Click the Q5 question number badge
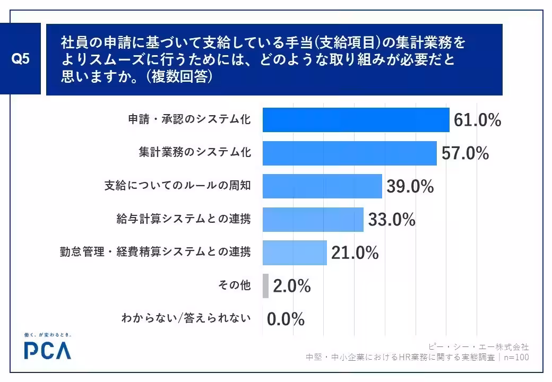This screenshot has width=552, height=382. [x=20, y=59]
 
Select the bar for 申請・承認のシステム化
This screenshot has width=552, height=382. [x=356, y=120]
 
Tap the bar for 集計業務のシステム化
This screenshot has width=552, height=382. [x=350, y=153]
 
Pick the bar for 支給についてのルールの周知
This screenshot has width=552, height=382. [x=322, y=186]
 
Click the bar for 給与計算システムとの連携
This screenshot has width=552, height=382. [x=313, y=220]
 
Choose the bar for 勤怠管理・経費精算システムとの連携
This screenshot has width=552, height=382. [x=295, y=253]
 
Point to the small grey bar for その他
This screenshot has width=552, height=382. [x=265, y=285]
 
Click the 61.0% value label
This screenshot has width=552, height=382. [x=477, y=120]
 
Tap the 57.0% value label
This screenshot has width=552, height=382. [x=465, y=153]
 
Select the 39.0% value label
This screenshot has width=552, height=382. [x=410, y=186]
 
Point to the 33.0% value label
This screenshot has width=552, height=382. [x=392, y=220]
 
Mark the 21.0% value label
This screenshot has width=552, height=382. [x=355, y=253]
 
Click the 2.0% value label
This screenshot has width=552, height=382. [x=292, y=285]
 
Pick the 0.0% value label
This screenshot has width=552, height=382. [x=286, y=319]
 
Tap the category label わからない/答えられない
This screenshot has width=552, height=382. [x=186, y=318]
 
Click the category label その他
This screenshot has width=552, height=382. [x=235, y=285]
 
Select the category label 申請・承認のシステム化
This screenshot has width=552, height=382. [x=189, y=119]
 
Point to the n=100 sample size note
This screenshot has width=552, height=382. [x=516, y=358]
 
